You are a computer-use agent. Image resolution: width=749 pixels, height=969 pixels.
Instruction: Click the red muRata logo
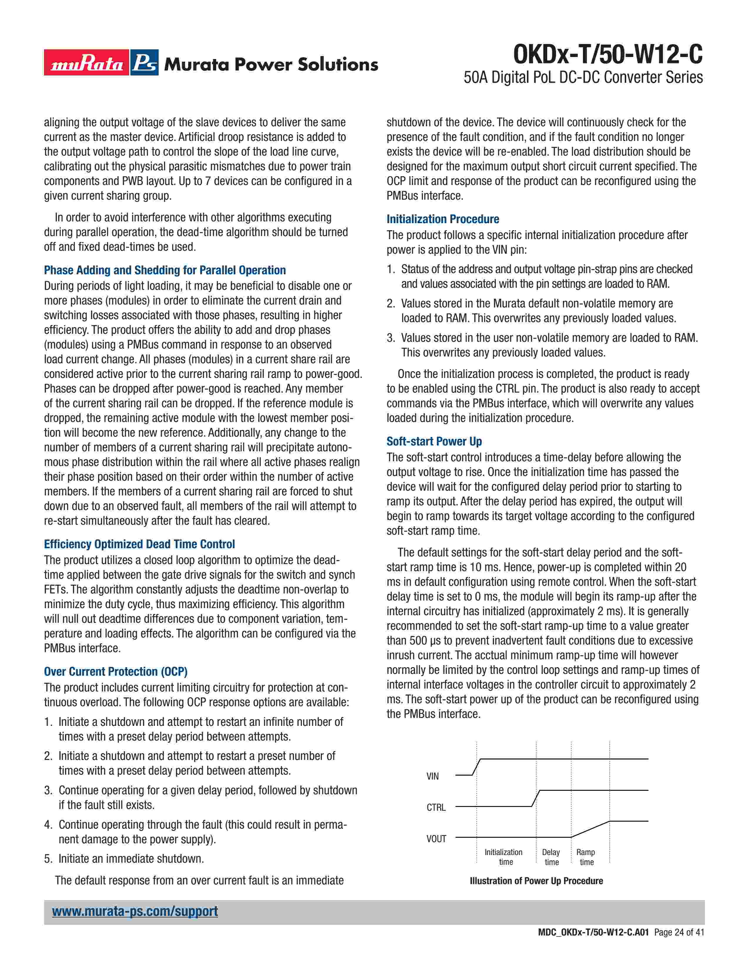pos(87,63)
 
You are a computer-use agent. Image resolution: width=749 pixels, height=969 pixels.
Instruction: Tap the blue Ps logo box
pos(145,63)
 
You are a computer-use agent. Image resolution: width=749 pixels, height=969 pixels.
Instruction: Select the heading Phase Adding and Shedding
pos(164,270)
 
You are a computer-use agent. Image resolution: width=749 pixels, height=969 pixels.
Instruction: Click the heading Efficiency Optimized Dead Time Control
pos(139,544)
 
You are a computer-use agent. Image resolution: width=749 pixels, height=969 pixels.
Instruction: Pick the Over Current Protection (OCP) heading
pos(115,671)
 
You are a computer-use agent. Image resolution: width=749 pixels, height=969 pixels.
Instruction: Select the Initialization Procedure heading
pos(442,219)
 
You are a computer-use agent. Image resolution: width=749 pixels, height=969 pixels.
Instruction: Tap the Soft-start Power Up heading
pos(434,441)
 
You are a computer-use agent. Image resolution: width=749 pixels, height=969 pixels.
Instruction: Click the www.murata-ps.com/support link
pos(135,911)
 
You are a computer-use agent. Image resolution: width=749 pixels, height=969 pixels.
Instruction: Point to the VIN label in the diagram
pos(433,776)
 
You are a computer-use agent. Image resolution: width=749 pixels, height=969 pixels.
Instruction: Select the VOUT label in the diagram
pos(436,839)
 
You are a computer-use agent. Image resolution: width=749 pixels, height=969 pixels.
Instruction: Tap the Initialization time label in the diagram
pos(504,857)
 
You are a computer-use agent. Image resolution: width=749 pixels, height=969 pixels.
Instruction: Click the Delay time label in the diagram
pos(551,857)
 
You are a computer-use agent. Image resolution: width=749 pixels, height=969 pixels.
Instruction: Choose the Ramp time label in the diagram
pos(586,857)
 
